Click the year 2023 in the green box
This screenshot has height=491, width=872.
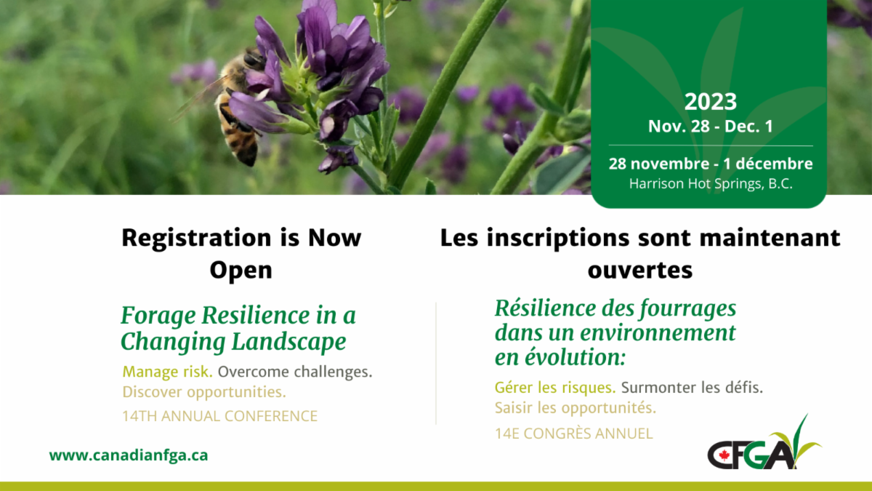711,102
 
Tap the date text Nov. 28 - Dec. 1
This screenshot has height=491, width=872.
711,127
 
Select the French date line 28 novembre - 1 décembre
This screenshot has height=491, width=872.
711,164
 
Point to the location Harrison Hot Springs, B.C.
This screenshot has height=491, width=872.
711,183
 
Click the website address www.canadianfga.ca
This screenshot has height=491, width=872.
129,455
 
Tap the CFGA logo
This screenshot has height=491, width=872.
764,443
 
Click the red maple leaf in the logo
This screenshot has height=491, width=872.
724,455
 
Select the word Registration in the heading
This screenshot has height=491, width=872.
196,238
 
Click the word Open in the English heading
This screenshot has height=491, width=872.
241,270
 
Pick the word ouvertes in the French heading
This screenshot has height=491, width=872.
640,270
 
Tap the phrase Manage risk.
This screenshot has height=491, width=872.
167,372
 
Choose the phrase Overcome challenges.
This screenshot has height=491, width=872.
295,372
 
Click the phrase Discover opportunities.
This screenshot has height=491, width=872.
204,392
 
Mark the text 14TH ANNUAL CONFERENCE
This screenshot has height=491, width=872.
220,416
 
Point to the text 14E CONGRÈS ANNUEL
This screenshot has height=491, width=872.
574,434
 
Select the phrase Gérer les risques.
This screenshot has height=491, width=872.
555,388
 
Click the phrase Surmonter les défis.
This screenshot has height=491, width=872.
692,388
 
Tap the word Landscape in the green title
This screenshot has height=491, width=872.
289,342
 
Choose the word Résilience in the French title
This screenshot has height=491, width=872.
546,308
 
